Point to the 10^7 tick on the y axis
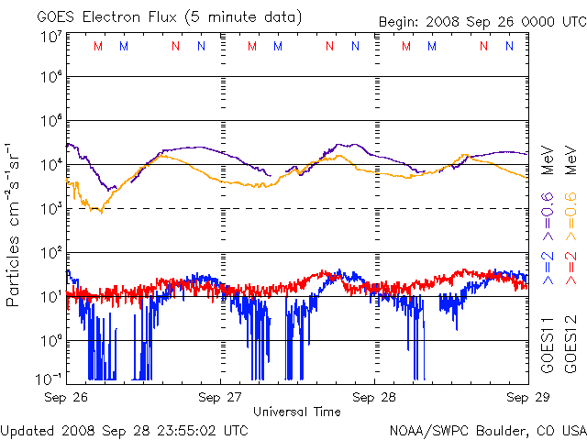(x=50, y=37)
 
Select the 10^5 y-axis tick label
(x=50, y=121)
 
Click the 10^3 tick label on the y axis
(x=50, y=209)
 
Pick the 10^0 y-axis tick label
(x=50, y=340)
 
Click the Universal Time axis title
(x=297, y=412)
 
